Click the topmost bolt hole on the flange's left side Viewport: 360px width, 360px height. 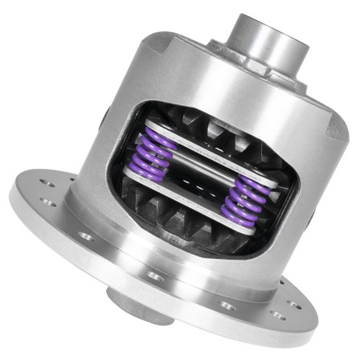click(48, 184)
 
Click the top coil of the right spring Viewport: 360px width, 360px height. click(246, 183)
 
